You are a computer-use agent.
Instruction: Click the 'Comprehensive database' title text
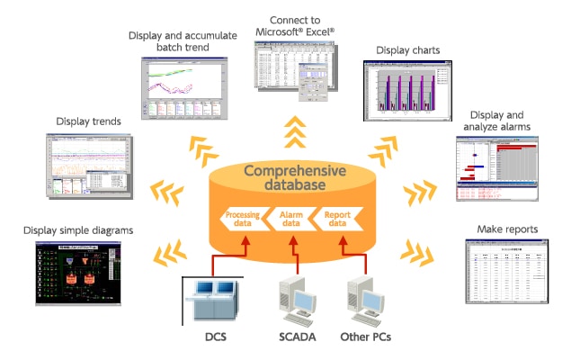(x=289, y=177)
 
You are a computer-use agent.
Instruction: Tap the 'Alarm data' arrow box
(x=290, y=220)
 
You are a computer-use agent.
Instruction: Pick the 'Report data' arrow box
(x=337, y=220)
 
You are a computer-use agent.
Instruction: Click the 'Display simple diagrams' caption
(x=79, y=230)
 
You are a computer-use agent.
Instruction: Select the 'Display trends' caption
(x=89, y=121)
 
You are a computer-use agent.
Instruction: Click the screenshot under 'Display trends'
(x=88, y=166)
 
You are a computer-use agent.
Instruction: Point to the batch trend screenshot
(x=184, y=88)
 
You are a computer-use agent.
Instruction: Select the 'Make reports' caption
(x=508, y=229)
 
